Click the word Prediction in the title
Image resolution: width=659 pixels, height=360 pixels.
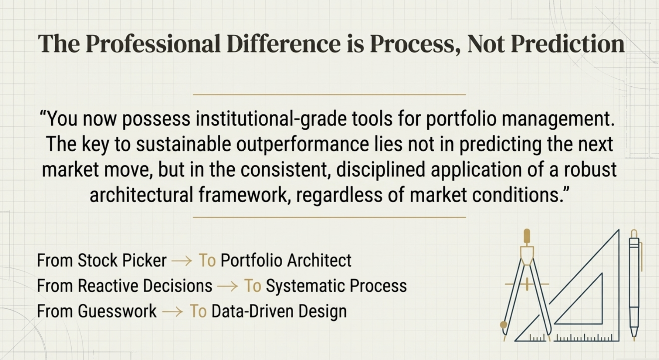(x=567, y=44)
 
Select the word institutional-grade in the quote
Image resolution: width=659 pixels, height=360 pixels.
(x=271, y=119)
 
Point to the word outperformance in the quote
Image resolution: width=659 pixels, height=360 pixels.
(x=302, y=144)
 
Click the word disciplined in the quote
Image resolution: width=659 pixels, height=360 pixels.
(x=380, y=169)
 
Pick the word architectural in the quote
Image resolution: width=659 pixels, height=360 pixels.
(x=141, y=195)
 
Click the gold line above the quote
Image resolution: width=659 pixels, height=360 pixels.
(x=329, y=95)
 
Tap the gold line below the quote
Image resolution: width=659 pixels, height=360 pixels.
(x=329, y=217)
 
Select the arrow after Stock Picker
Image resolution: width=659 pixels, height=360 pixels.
(x=182, y=261)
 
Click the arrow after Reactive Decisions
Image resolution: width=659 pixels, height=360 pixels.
(x=228, y=286)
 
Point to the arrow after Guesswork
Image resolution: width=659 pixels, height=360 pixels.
(x=173, y=312)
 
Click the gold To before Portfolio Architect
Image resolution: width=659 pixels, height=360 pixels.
(x=207, y=261)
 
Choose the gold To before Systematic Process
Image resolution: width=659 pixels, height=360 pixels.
(x=252, y=286)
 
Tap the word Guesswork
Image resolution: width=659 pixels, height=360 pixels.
(x=117, y=311)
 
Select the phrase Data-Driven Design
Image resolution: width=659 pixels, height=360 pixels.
(x=279, y=311)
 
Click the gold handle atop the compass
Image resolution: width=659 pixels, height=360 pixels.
(x=527, y=236)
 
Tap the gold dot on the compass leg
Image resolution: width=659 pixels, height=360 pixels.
(x=503, y=325)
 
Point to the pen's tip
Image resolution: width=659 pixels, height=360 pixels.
(x=634, y=337)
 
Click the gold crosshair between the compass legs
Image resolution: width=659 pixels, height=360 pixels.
(x=527, y=284)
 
